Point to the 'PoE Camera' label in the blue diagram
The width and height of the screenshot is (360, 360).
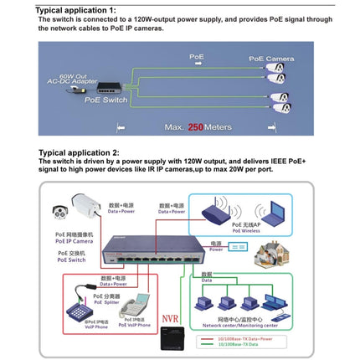[270, 58]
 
